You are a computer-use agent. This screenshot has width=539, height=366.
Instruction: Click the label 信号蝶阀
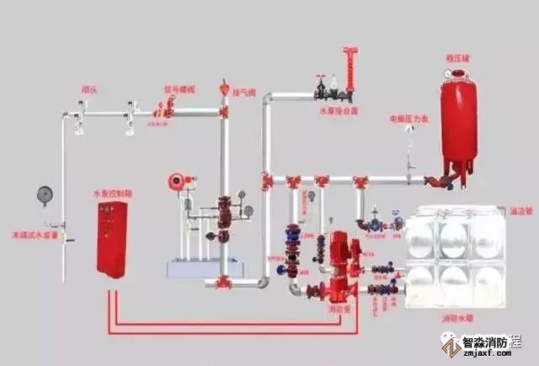[x=179, y=89]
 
